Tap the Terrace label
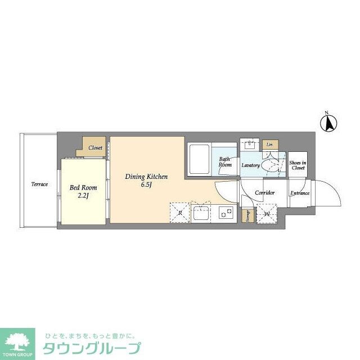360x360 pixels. tap(39, 184)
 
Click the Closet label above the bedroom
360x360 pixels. tap(95, 147)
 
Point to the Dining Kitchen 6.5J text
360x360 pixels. tap(146, 181)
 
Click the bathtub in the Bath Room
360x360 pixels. tap(199, 159)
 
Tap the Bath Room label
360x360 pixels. tap(225, 162)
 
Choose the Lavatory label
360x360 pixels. tap(250, 165)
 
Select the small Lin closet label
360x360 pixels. tap(270, 145)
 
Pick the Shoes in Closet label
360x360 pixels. tap(298, 165)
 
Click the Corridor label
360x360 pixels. tap(264, 193)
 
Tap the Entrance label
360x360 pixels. tap(300, 193)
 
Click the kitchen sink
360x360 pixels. tap(200, 213)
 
